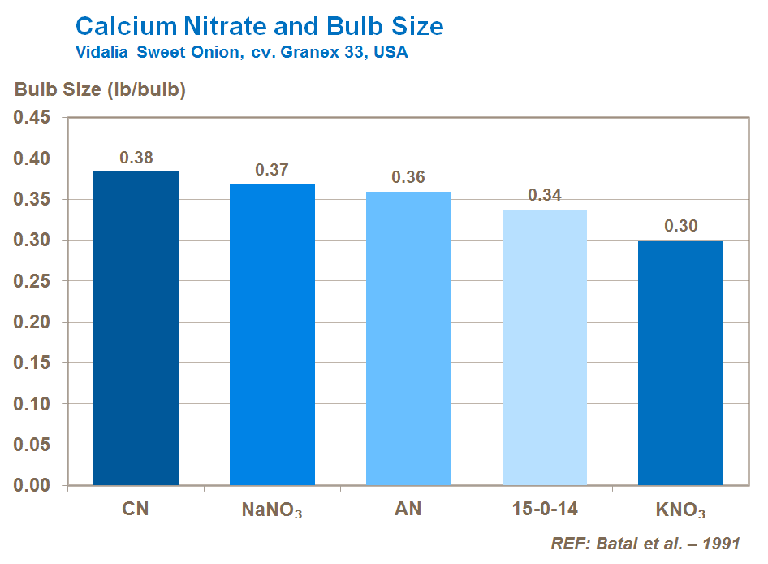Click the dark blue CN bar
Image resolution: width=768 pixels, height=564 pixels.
(136, 328)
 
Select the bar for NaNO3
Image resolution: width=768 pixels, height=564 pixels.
(272, 335)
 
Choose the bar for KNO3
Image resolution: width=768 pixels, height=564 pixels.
(680, 362)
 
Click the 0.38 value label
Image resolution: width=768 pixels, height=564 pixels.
(136, 158)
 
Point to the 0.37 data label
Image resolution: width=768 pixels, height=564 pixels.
(272, 170)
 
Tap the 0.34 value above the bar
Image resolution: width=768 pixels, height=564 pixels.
(545, 195)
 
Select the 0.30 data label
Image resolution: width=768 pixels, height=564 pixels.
(680, 226)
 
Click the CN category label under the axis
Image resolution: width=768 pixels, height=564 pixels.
(136, 510)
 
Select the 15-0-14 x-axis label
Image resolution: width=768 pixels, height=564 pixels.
(545, 510)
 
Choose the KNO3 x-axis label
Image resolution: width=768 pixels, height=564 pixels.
(680, 511)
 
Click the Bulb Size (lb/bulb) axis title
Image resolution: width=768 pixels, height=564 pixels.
(101, 89)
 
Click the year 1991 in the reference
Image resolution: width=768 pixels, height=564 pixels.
(721, 544)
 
